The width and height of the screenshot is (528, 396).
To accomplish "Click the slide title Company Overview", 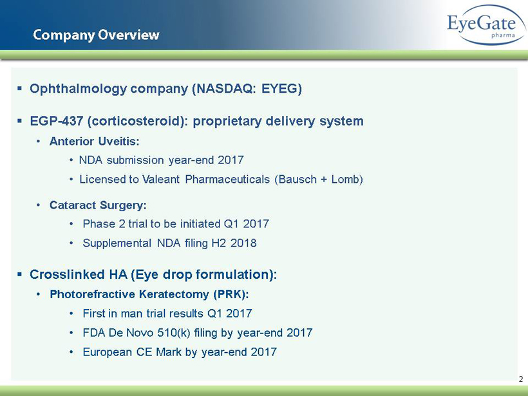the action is [x=96, y=35].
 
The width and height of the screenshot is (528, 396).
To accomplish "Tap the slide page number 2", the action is [x=521, y=379].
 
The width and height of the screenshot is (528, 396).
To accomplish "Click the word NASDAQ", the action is [x=226, y=89].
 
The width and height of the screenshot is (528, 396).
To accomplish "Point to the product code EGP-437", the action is [x=57, y=121].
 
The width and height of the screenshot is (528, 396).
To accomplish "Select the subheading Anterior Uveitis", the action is [x=94, y=141].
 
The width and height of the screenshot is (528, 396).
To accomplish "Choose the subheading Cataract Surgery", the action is [x=98, y=205].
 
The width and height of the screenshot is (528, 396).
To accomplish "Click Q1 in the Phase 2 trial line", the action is [x=231, y=224].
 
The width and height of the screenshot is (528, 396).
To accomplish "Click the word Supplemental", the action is [x=117, y=243].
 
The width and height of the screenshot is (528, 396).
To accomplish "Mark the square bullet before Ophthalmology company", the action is [x=19, y=89].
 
